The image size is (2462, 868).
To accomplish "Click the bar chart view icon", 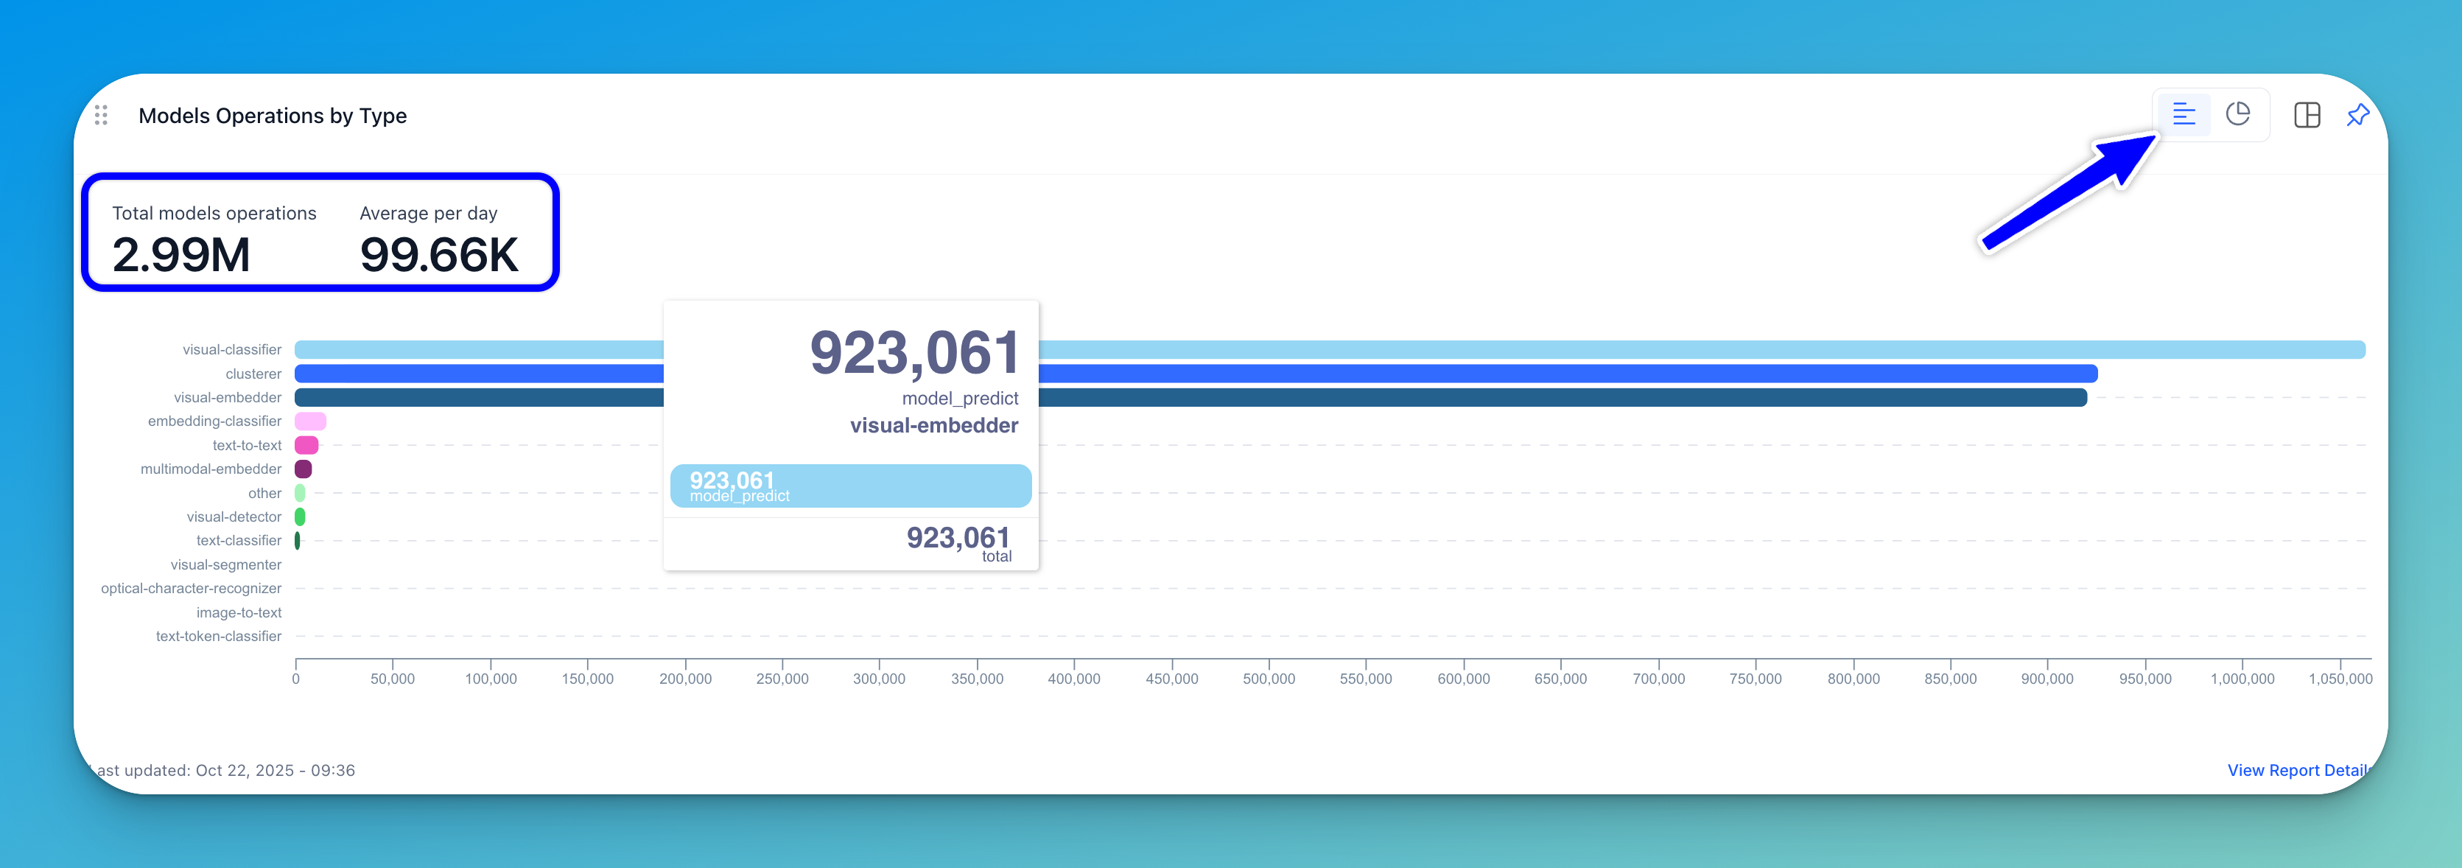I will [2184, 115].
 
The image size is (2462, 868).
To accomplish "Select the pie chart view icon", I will [2237, 115].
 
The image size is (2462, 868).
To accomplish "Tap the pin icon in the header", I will [2358, 115].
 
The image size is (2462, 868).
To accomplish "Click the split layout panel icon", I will [2307, 115].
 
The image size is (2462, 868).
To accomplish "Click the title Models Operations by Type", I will [273, 116].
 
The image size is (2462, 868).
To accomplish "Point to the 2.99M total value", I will [181, 254].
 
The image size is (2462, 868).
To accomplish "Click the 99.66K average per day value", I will [438, 254].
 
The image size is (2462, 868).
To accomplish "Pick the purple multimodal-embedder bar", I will [303, 469].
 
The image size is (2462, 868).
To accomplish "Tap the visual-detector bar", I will [300, 517].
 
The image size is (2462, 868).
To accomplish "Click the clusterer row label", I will [253, 374].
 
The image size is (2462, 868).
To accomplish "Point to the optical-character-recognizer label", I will [191, 589].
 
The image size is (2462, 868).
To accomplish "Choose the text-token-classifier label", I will [219, 637].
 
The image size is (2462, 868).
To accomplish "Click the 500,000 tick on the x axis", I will [1269, 679].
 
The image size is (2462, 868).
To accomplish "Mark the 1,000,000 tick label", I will [2242, 679].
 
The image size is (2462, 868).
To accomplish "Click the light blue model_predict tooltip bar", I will [851, 486].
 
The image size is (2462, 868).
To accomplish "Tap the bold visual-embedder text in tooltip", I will [934, 425].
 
